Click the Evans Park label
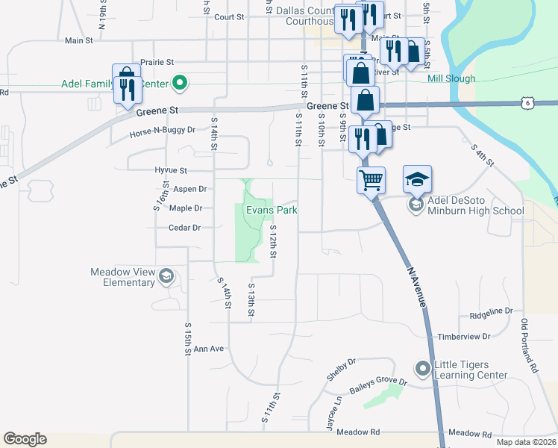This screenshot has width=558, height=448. point(272,211)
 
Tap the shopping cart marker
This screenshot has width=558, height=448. point(371,178)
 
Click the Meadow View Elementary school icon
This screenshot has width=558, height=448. point(166,278)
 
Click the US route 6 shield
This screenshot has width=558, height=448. point(527,102)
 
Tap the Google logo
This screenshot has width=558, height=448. point(25,439)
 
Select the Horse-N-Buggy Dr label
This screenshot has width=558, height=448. point(162,129)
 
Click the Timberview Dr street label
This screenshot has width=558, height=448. point(464,337)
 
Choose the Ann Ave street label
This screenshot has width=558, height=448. point(209,349)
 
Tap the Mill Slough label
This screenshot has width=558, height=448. point(451,78)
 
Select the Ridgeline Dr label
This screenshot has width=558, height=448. point(490,311)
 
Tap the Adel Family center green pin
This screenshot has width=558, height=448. point(179,82)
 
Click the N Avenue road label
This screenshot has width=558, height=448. point(417,287)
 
